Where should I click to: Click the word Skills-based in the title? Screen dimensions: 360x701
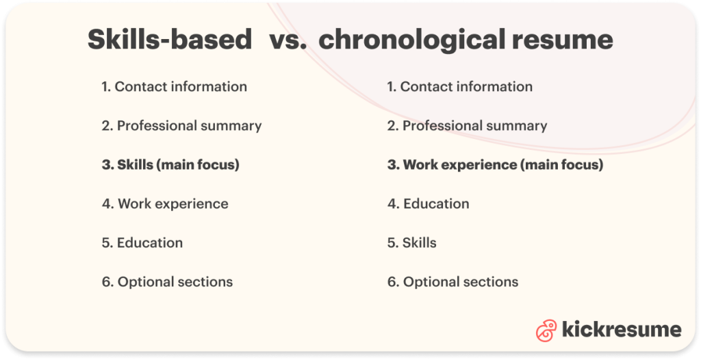[170, 40]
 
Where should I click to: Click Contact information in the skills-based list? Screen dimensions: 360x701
[181, 87]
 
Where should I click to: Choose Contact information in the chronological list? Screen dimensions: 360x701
[466, 87]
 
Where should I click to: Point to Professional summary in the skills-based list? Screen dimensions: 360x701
[189, 126]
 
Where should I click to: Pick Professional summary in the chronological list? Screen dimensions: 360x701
[474, 126]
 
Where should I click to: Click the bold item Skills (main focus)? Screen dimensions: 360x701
[178, 165]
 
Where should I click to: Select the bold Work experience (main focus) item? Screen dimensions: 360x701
[502, 165]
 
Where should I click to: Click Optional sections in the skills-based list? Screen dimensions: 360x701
[175, 282]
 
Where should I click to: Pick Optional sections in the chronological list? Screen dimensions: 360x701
[460, 282]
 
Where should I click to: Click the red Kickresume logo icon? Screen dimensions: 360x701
[546, 330]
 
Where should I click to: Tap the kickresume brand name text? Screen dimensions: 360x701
[622, 330]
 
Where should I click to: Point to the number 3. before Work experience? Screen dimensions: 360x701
[393, 165]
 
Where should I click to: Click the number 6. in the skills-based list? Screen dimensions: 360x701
[107, 282]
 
